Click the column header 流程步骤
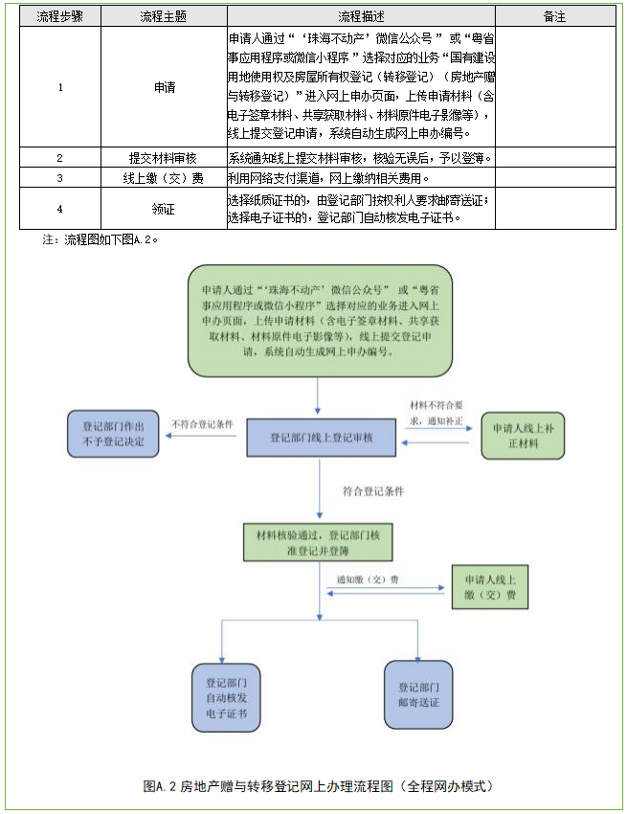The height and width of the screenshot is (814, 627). pos(59,17)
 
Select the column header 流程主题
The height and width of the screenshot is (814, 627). pos(165,17)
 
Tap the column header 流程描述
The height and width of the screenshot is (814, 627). pos(359,17)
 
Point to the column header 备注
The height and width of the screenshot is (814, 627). pos(554,17)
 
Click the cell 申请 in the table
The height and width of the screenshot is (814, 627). pos(165,87)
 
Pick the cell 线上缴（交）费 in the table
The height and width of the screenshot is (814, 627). pos(165,178)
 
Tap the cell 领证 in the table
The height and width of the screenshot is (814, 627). pos(165,209)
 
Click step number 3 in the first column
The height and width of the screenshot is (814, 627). pos(59,178)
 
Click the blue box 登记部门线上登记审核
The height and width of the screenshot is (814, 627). pos(321,438)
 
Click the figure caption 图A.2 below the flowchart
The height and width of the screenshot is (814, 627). pos(317,786)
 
